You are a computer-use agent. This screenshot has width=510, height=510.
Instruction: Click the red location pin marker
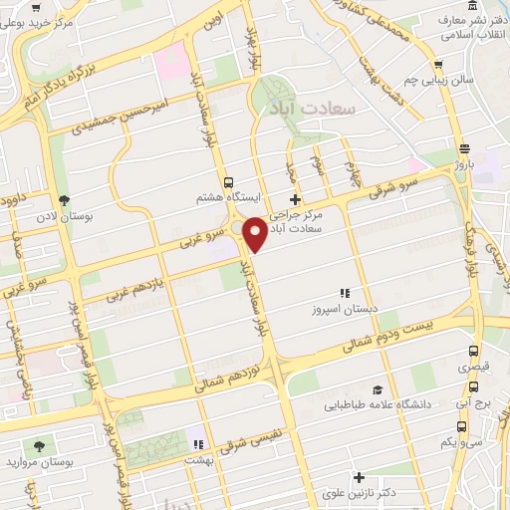click(x=255, y=232)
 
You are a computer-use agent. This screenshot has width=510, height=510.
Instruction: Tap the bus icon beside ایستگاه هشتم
click(x=229, y=182)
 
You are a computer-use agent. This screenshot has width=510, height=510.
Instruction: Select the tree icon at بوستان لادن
click(x=65, y=199)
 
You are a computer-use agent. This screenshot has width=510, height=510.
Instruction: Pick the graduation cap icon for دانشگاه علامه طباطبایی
click(x=378, y=389)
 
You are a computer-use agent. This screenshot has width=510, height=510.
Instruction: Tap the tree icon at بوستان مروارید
click(x=40, y=446)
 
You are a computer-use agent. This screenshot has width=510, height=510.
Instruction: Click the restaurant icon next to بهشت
click(x=197, y=444)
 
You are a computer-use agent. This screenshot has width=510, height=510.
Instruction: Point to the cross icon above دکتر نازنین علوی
click(x=359, y=477)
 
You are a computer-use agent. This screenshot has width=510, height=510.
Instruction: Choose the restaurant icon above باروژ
click(x=464, y=148)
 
